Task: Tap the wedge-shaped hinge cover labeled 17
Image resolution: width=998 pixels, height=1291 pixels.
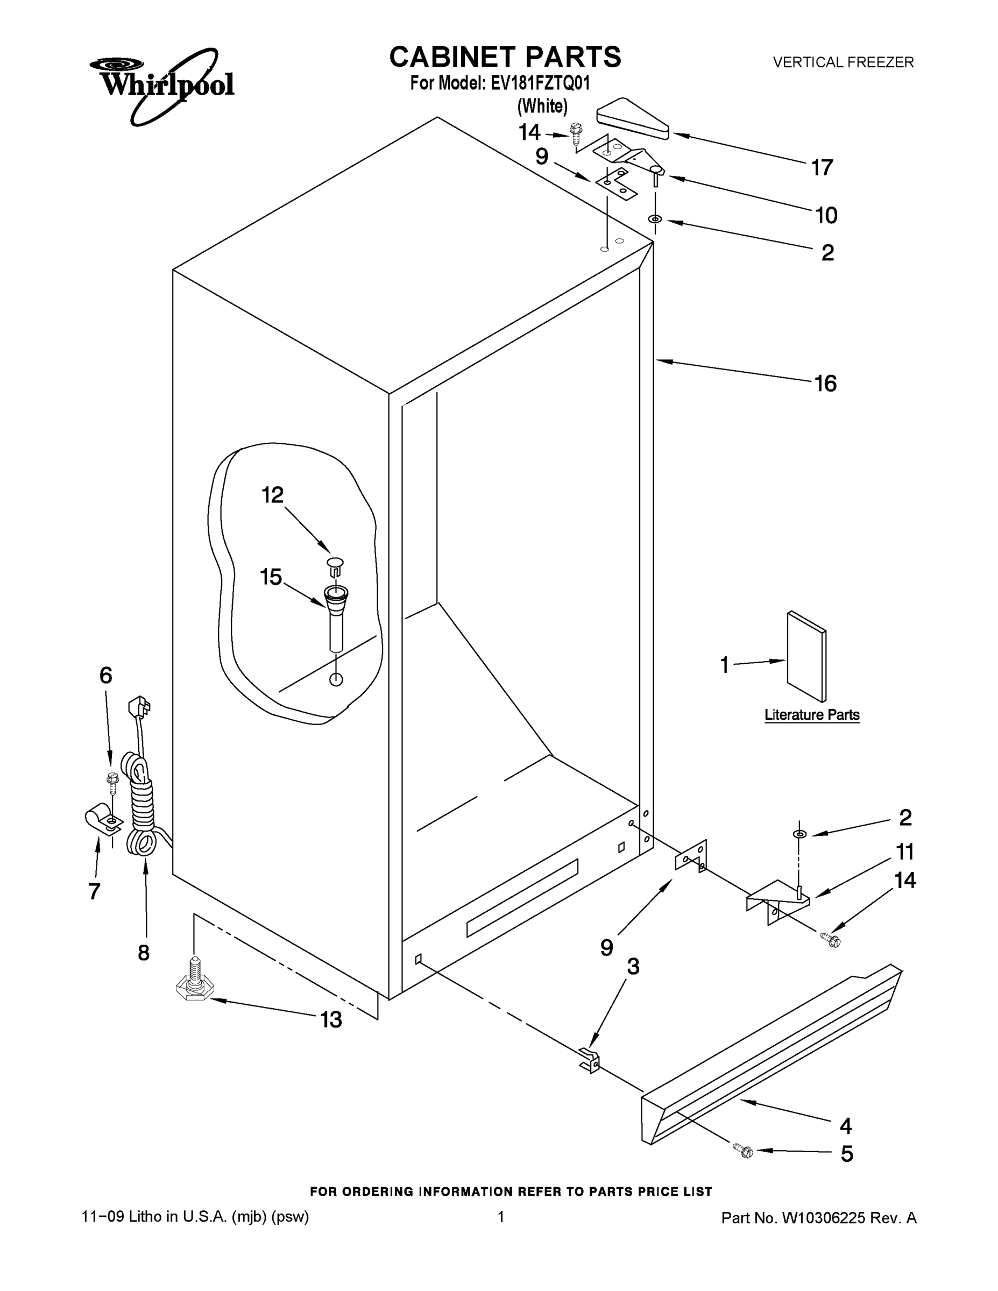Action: point(632,118)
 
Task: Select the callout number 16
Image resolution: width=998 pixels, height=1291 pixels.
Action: point(825,384)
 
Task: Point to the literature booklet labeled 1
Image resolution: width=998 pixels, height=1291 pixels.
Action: point(806,657)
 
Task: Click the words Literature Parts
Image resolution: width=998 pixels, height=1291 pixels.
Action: point(812,715)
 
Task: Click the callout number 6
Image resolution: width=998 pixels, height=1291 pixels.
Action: point(106,675)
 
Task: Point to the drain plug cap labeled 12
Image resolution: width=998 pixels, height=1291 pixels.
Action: point(336,565)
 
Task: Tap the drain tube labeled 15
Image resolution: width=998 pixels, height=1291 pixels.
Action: point(335,615)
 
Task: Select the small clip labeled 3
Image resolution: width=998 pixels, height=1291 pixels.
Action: point(590,1059)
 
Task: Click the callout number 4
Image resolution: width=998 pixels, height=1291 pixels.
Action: point(845,1125)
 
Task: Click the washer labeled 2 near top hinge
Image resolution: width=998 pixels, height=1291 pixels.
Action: point(655,220)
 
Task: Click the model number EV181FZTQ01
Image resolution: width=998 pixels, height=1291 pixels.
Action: point(540,83)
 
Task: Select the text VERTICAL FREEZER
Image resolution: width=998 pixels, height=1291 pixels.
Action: point(843,62)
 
